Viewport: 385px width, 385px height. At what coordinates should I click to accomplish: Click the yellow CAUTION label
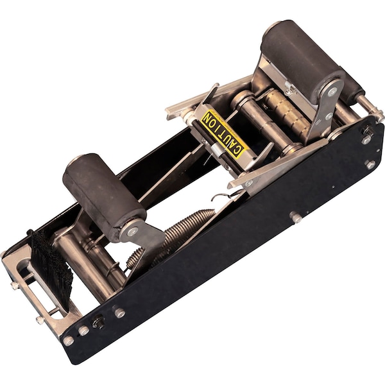pos(223,133)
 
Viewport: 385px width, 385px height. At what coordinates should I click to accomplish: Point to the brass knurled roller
pos(287,112)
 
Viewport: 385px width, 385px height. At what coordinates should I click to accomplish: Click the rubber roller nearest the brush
pos(105,197)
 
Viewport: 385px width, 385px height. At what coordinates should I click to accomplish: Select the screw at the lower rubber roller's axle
pos(133,231)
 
